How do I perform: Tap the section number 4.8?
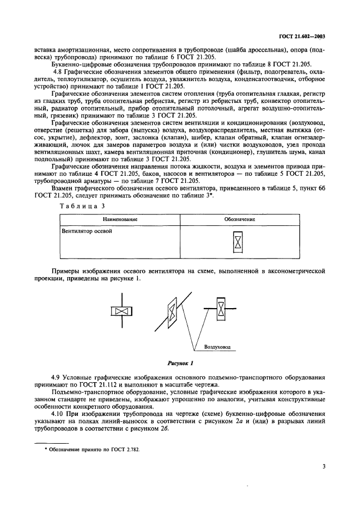click(x=57, y=72)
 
